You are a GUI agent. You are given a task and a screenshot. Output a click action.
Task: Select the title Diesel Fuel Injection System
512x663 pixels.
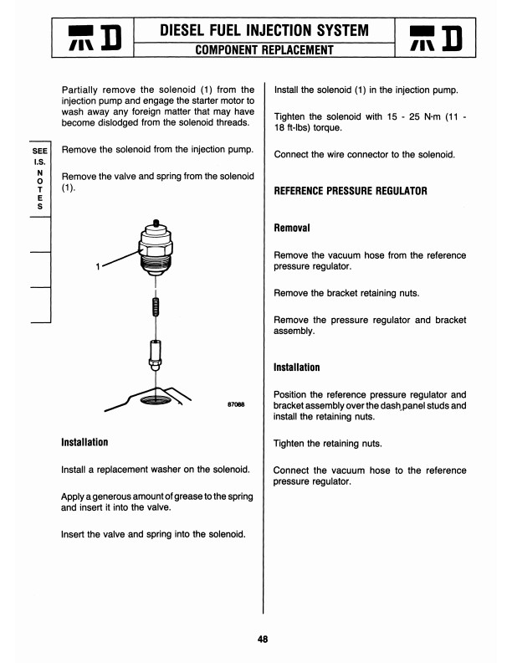pos(264,31)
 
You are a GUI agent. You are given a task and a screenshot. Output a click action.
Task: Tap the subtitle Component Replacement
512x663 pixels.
pos(264,50)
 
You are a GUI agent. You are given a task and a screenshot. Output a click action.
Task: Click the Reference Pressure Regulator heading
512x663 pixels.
pos(351,191)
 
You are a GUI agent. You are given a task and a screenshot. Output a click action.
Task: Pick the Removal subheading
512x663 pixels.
pos(293,228)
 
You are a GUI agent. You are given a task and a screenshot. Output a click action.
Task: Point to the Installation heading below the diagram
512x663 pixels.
pos(84,441)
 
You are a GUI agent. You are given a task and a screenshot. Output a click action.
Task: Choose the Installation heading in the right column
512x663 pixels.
pos(297,367)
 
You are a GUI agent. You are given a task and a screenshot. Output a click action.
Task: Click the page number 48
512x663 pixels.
pos(263,640)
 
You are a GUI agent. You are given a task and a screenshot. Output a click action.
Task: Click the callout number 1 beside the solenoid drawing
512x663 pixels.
pos(98,267)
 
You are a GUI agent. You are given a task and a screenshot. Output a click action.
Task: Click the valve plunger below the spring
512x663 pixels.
pos(156,352)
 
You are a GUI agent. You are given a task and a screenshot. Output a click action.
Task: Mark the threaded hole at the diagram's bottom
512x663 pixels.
pos(156,400)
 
